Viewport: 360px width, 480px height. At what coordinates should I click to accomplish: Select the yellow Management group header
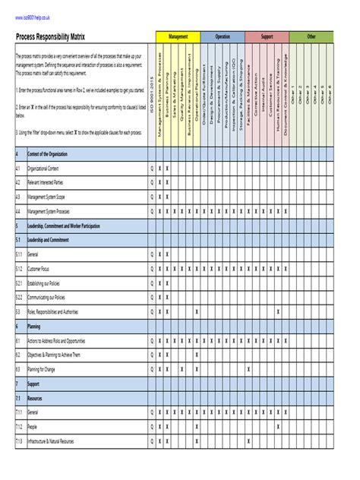178,36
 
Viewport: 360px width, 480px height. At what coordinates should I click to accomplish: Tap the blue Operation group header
223,36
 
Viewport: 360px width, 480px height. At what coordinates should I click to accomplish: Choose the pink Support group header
267,36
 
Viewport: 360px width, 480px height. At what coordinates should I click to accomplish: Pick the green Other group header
311,36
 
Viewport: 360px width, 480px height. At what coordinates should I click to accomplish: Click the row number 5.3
18,311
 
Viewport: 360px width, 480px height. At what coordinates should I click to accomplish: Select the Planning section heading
34,326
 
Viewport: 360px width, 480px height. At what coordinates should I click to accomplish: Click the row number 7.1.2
19,426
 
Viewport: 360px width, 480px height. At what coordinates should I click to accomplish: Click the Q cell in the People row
152,426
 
